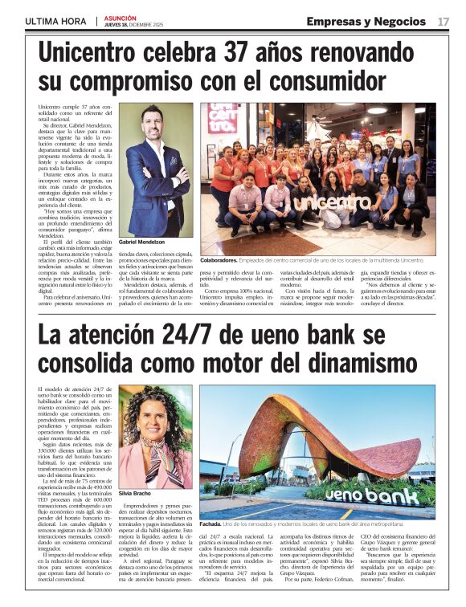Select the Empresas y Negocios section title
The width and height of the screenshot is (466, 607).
pyautogui.click(x=366, y=21)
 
